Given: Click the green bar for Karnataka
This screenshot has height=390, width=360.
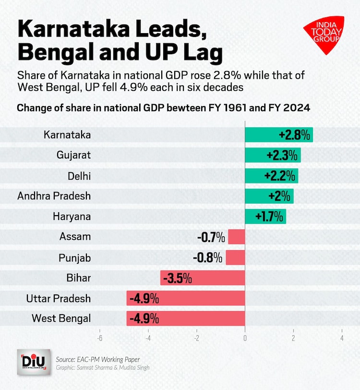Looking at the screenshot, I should click(278, 135).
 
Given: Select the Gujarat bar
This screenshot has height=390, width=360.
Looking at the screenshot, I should click(273, 155).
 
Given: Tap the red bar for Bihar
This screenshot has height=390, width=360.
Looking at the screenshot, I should click(202, 278).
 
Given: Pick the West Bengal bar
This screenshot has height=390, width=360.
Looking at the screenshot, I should click(185, 318).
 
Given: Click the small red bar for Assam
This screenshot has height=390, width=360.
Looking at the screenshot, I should click(236, 237).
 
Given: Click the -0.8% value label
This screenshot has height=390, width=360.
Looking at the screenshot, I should click(208, 257).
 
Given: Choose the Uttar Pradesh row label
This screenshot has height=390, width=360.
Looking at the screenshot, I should click(59, 298).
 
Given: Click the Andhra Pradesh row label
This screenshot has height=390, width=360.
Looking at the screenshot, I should click(54, 196).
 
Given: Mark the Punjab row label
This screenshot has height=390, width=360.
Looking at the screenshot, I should click(74, 257).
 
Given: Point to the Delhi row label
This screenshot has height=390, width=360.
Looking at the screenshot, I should click(79, 176).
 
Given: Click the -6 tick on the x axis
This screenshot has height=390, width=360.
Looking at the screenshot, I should click(100, 338).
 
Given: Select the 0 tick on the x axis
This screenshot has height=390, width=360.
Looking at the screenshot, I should click(245, 338).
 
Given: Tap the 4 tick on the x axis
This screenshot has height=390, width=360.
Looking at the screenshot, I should click(341, 338).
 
